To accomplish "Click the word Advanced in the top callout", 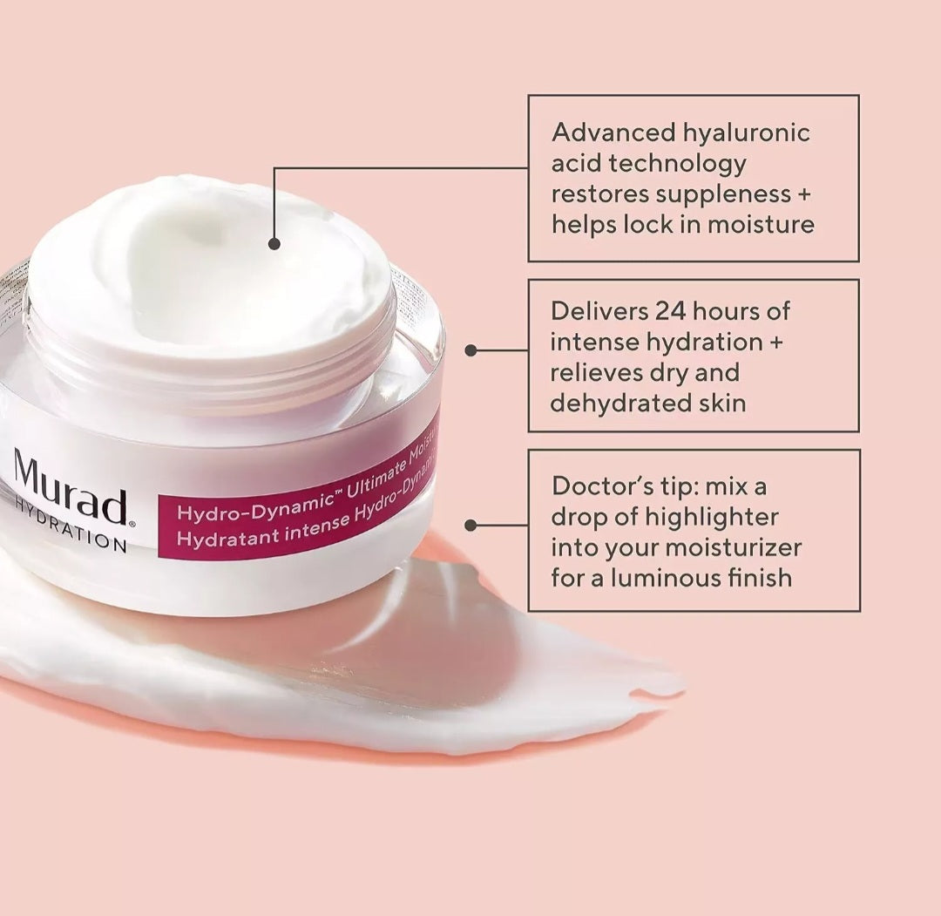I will [613, 132].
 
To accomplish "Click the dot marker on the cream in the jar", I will [274, 244].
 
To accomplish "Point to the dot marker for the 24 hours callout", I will [471, 350].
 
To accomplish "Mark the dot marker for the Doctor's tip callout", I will [471, 526].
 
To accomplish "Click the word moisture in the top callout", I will [761, 224].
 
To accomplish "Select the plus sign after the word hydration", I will [775, 342].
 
